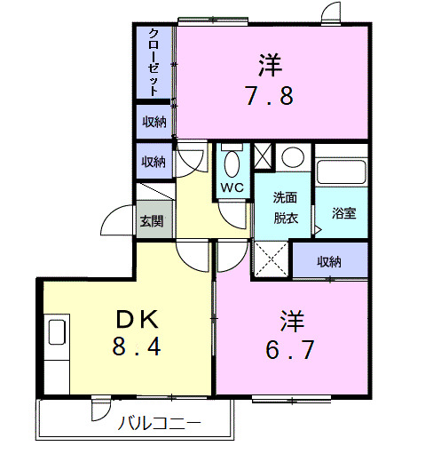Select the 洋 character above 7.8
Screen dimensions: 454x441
pos(270,64)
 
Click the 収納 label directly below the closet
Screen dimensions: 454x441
pos(154,122)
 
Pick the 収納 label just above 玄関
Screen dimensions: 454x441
pos(154,162)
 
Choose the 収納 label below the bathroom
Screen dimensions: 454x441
pos(329,261)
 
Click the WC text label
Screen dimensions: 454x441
pos(232,187)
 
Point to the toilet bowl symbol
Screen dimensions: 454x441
pos(232,163)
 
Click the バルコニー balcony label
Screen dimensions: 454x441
pos(160,423)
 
